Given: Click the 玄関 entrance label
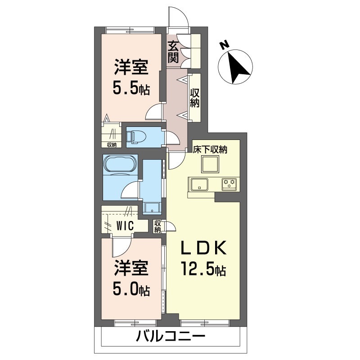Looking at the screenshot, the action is point(173,52).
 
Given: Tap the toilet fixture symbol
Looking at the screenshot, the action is point(136,137).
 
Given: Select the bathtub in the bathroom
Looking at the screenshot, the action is point(120,164).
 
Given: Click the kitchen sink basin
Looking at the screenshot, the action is point(200,184).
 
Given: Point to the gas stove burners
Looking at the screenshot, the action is point(229,184).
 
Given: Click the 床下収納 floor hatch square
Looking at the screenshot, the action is point(210,164).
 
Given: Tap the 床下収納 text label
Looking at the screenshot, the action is point(210,149).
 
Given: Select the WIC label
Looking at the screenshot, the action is point(125,226).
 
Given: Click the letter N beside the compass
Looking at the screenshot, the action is point(224,44).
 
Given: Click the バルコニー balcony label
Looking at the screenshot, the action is point(170,337).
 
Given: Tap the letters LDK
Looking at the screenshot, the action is point(204,247).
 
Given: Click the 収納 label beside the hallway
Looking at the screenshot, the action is point(195,98).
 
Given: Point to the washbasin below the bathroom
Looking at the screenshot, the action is point(152,208).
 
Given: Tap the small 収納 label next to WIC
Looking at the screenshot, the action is point(157,226).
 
